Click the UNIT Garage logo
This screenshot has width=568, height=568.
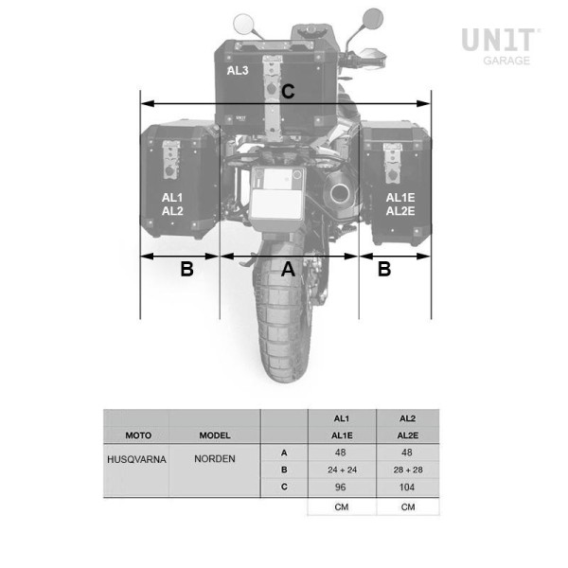(x=501, y=46)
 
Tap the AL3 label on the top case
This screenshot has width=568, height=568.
(x=238, y=71)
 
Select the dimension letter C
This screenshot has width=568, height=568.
(x=288, y=91)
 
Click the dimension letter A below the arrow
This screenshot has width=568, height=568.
(x=288, y=269)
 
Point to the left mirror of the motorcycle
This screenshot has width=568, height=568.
(x=242, y=24)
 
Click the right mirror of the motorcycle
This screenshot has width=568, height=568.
(x=373, y=19)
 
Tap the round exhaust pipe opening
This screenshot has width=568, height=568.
(x=340, y=194)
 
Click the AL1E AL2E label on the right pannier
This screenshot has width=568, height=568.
(x=400, y=204)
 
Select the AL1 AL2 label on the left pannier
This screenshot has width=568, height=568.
(x=172, y=204)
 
